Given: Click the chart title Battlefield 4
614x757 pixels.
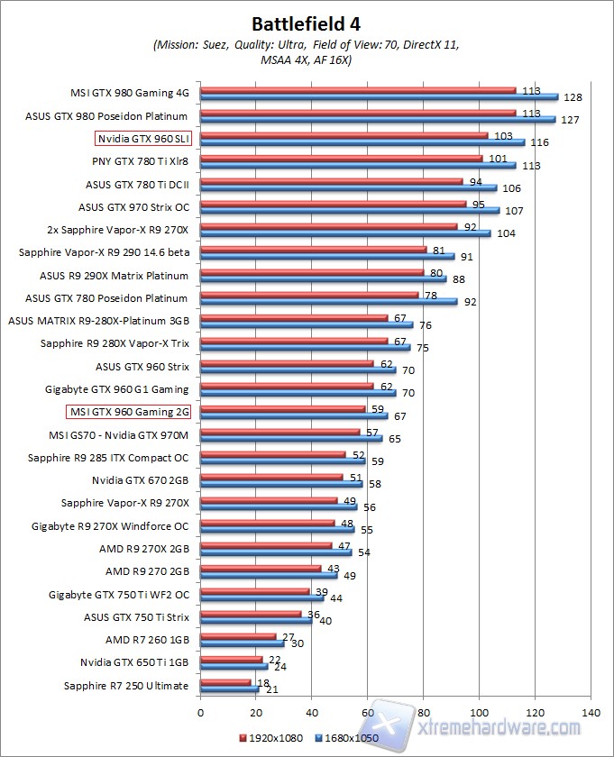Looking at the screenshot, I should click(x=307, y=22).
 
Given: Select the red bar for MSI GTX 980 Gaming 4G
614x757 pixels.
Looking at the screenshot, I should click(x=358, y=90).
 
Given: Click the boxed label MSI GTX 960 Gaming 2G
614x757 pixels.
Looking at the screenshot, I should click(x=128, y=412).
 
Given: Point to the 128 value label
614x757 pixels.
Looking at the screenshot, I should click(x=572, y=97).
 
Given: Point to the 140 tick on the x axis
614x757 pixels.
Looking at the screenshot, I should click(x=590, y=711).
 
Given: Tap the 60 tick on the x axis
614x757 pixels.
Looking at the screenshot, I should click(x=367, y=711).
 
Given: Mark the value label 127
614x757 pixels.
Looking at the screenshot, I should click(x=570, y=120).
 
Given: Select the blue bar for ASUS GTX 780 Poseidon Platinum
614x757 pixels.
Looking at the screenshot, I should click(x=328, y=302).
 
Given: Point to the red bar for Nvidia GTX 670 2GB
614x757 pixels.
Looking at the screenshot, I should click(x=271, y=477).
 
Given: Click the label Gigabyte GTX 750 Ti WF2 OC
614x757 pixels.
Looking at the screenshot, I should click(x=119, y=594).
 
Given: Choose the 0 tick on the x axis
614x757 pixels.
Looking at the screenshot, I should click(x=200, y=711).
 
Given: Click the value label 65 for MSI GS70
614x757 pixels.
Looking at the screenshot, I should click(x=395, y=439).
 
